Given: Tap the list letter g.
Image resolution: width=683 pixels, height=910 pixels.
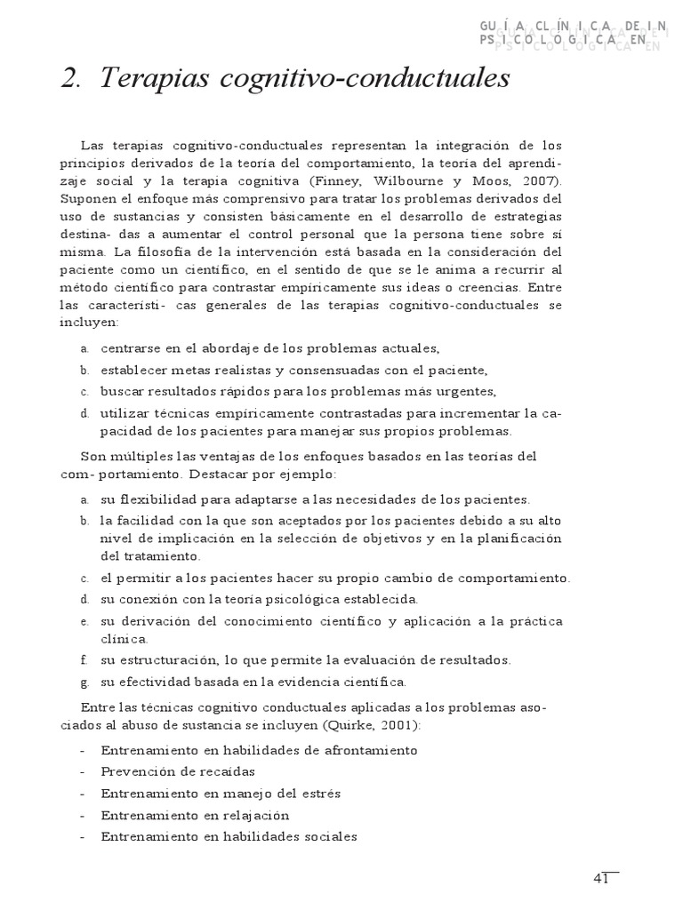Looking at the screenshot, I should click(83, 682).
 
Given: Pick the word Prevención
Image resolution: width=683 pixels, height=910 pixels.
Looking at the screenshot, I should click(136, 770).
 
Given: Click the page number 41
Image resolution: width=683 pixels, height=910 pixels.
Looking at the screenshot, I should click(600, 879).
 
